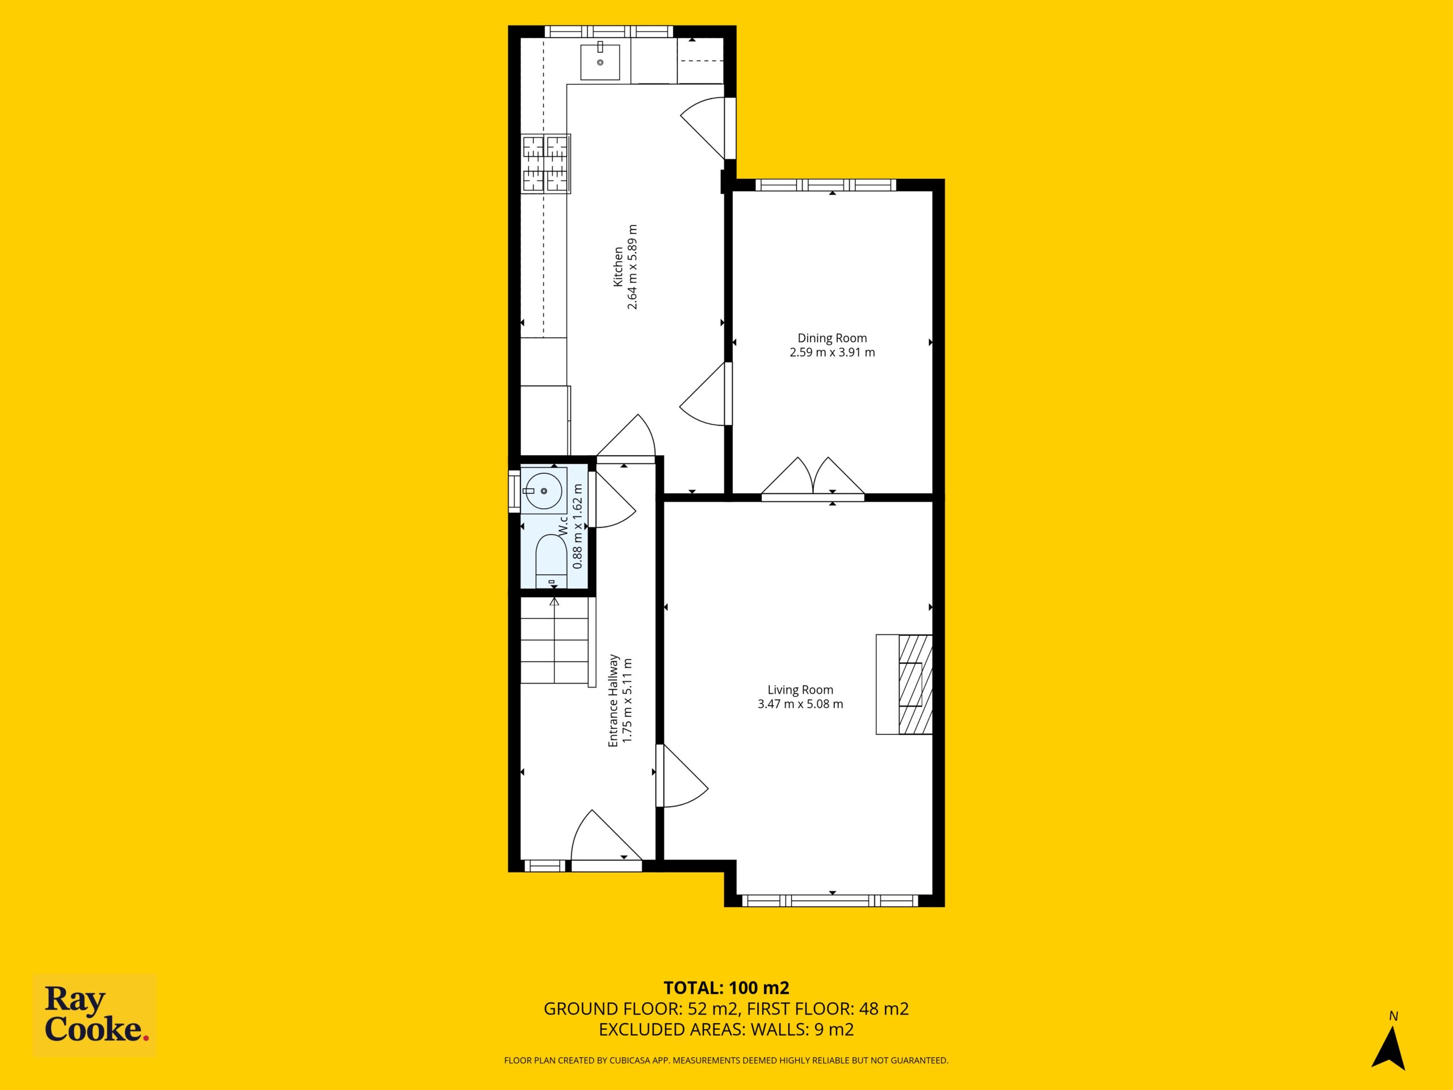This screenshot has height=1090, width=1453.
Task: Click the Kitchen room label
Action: pos(618,267)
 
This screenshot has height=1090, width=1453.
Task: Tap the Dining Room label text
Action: pos(832,338)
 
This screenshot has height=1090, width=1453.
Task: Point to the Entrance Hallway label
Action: pos(614,701)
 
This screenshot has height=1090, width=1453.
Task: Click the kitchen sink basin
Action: pos(600,62)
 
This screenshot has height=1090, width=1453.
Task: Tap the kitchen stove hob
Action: pos(546,163)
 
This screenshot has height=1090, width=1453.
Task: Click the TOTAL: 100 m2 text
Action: pos(726,1006)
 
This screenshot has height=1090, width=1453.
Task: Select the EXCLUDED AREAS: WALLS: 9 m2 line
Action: pos(726,1048)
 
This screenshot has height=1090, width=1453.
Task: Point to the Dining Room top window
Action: pos(826,185)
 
